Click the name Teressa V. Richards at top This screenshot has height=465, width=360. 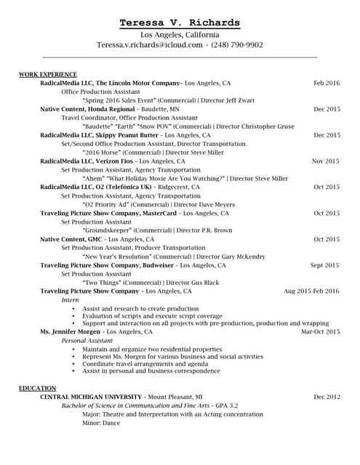(180, 23)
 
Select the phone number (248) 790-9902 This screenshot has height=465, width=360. (236, 45)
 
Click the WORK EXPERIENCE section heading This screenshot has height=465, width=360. (48, 74)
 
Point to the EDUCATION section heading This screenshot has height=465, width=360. (38, 388)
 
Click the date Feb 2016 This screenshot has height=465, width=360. (327, 83)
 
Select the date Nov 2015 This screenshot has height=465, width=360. (326, 161)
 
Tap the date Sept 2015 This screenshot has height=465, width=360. (325, 265)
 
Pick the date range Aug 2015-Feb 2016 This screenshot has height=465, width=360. (321, 291)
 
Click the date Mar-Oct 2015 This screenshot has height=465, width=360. (320, 331)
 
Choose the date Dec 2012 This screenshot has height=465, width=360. (327, 397)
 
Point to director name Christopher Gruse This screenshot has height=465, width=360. (265, 126)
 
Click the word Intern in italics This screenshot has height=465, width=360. (70, 299)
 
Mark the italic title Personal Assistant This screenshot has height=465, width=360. (87, 340)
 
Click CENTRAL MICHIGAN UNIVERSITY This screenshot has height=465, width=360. (90, 397)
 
